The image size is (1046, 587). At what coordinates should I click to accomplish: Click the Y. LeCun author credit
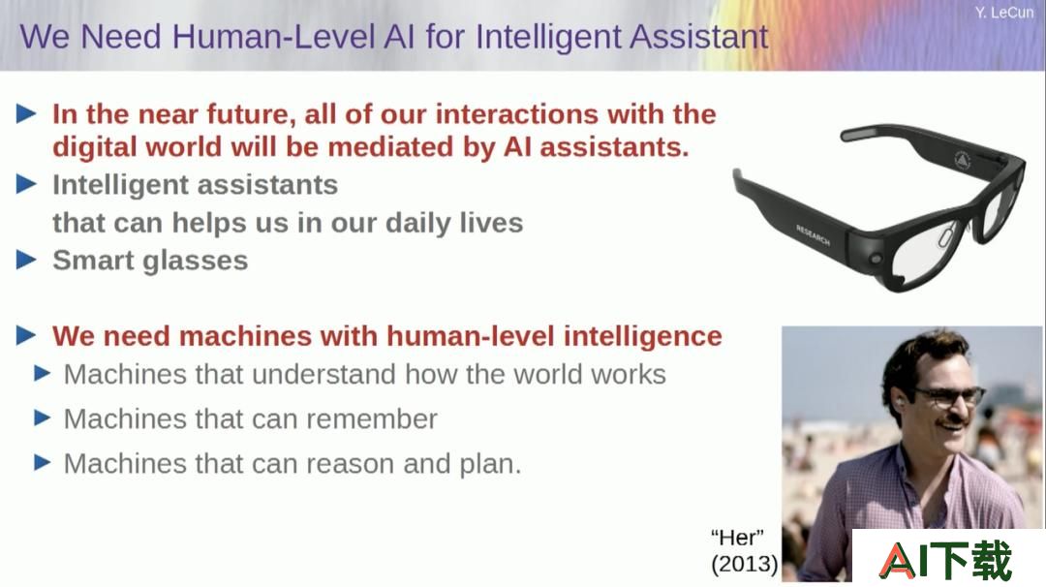1004,13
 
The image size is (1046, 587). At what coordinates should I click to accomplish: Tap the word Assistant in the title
698,36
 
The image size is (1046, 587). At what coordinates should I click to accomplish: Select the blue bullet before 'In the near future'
26,114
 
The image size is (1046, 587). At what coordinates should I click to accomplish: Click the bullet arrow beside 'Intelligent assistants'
26,184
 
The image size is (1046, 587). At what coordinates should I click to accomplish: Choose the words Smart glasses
150,261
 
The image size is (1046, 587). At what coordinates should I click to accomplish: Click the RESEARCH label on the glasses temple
813,235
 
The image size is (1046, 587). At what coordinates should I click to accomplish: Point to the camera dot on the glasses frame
876,259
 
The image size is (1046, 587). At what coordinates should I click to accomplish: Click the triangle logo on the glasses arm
962,160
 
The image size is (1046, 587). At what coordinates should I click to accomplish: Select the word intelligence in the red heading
642,336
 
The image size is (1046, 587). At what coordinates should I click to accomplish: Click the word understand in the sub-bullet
324,374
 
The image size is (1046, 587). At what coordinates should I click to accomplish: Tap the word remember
372,418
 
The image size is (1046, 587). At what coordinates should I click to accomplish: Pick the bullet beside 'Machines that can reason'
42,462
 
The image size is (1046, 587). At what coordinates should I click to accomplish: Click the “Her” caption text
737,537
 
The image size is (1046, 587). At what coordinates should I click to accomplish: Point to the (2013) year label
745,565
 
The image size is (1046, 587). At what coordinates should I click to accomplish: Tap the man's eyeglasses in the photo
950,395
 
